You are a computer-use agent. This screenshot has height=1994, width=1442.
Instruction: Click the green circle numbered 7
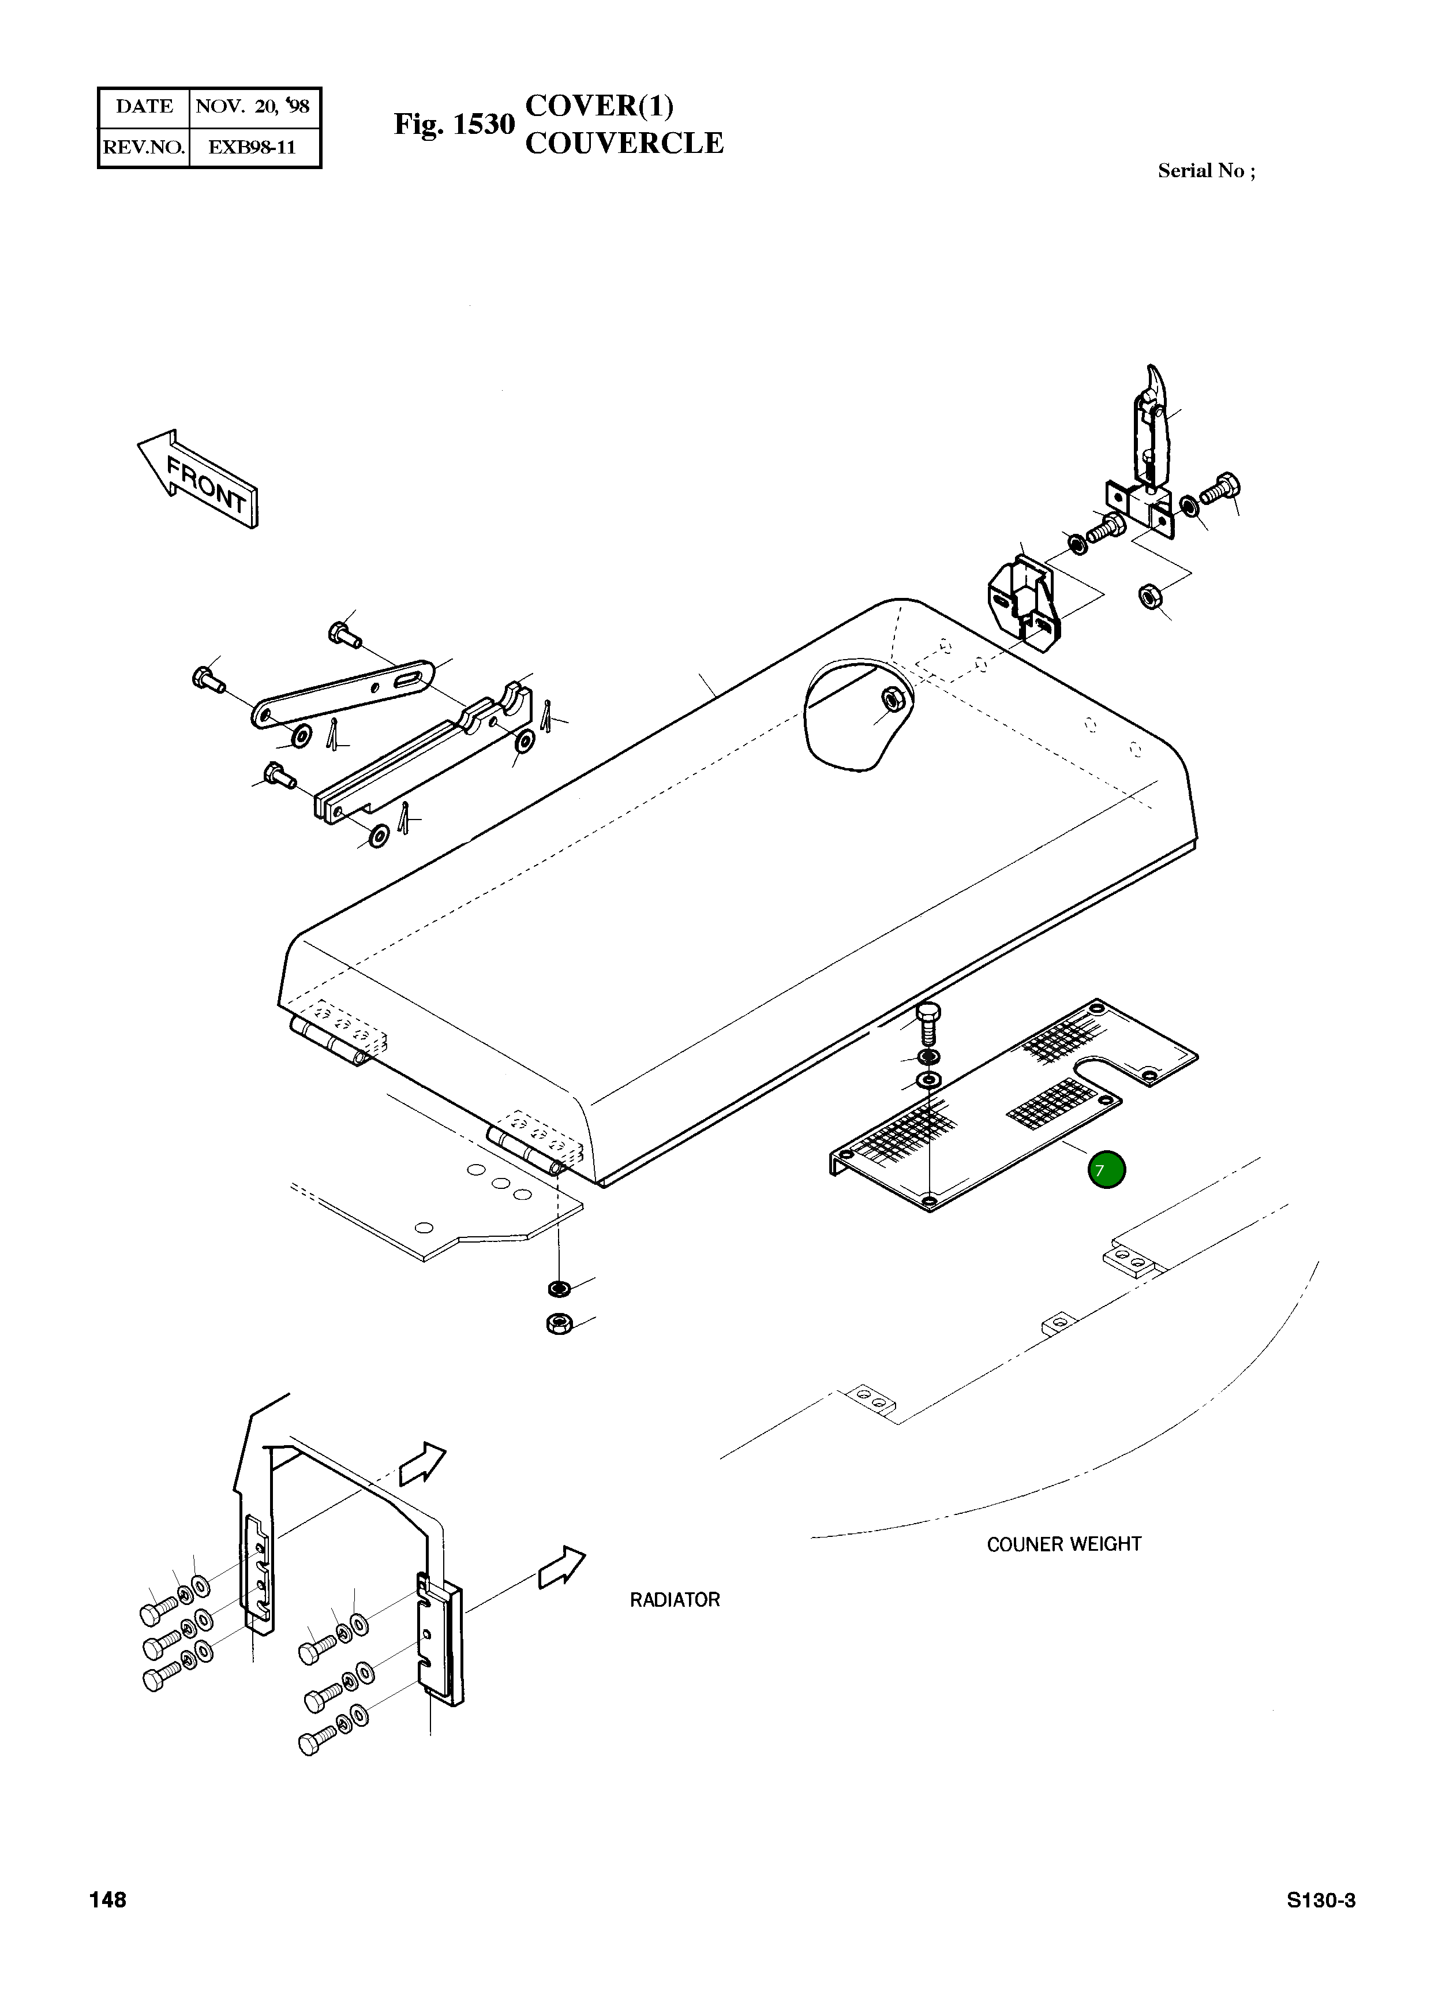1106,1170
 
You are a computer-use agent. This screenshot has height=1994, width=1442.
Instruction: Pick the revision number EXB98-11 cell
252,147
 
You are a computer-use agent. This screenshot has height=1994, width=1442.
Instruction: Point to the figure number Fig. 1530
454,125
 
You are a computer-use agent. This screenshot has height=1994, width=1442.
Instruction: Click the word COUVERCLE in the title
624,143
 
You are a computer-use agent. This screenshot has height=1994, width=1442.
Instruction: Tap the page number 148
107,1900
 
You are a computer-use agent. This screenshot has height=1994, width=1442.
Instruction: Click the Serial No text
1205,171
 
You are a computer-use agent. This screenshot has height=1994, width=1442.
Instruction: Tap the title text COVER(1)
600,106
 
